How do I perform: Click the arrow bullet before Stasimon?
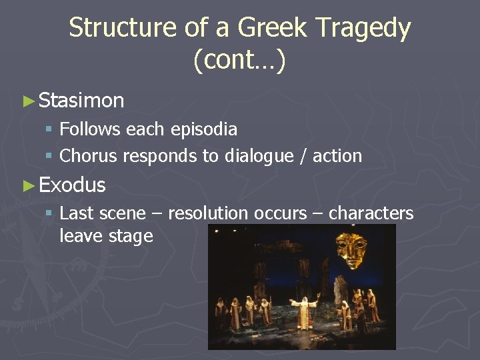(28, 101)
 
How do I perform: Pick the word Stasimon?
(81, 101)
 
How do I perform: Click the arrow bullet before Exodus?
(28, 185)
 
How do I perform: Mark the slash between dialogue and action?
(305, 156)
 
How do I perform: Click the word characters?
(371, 213)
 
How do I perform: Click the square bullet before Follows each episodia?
(49, 129)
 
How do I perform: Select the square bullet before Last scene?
(49, 214)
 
